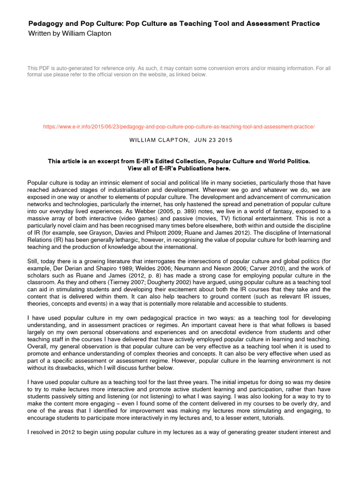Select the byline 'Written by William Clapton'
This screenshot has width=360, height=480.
click(70, 33)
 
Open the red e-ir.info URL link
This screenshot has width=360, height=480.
click(179, 127)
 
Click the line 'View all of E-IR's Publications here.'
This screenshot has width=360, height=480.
click(179, 168)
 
